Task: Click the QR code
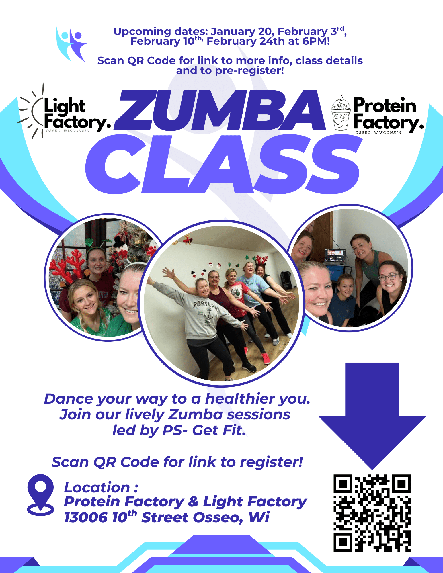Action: coord(372,513)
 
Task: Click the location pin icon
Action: coord(40,495)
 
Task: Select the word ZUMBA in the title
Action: coord(220,110)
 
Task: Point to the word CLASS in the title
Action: coord(223,164)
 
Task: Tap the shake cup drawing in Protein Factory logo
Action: coord(341,113)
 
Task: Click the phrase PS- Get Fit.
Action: coord(204,430)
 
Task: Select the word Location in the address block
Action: coord(97,488)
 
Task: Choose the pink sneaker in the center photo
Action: coord(266,358)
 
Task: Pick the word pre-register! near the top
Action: coord(249,71)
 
